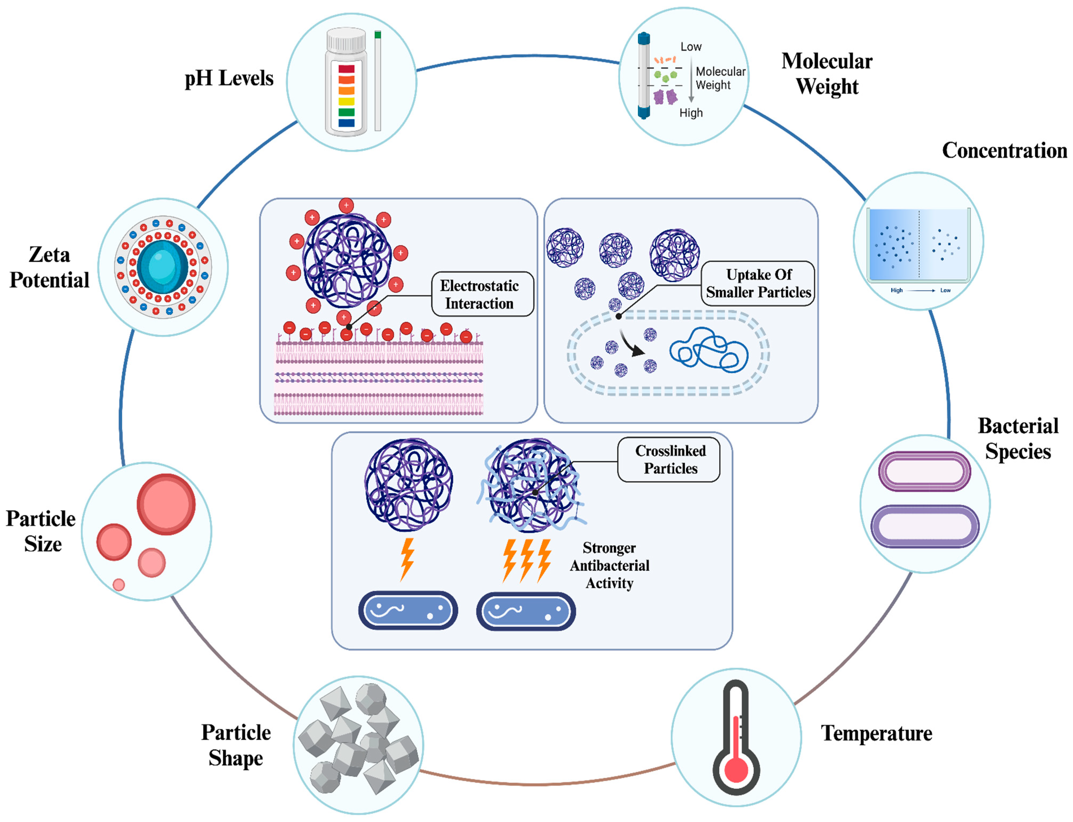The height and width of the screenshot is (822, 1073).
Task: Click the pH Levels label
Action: tap(228, 78)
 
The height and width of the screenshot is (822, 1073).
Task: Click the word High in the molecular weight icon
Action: tap(691, 113)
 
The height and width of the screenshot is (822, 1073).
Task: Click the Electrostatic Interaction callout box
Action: tap(482, 295)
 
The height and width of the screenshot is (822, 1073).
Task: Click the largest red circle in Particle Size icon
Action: tap(166, 504)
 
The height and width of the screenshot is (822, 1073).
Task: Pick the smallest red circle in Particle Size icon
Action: tap(118, 585)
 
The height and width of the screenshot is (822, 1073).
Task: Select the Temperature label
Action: tap(876, 733)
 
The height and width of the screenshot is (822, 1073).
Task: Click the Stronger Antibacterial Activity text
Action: tap(609, 566)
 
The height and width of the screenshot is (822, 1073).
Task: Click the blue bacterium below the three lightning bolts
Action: tap(526, 611)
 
